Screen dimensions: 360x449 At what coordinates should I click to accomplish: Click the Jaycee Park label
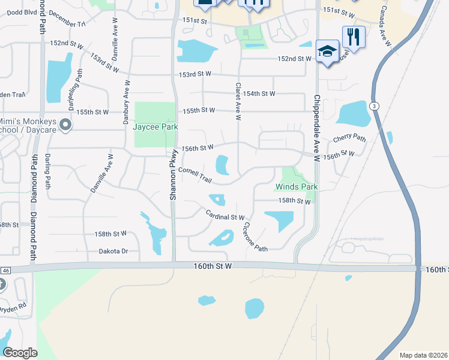pos(155,127)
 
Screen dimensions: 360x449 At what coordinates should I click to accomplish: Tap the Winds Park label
pos(297,187)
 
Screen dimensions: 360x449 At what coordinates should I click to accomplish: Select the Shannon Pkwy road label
pos(172,174)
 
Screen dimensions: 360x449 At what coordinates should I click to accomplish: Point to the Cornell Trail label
pos(195,172)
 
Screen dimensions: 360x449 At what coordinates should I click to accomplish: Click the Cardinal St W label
pos(225,215)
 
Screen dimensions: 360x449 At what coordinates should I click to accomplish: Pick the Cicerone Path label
pos(255,237)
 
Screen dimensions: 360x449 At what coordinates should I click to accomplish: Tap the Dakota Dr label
pos(114,251)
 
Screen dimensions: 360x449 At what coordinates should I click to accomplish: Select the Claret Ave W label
pos(238,101)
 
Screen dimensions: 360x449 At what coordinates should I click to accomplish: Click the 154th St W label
pos(259,94)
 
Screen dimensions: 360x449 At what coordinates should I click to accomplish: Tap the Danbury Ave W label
pos(126,103)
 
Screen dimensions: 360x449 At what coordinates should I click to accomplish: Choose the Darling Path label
pos(47,171)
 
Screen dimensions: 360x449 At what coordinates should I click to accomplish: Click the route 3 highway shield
pos(375,106)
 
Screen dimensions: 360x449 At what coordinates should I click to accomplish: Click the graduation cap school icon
pos(327,52)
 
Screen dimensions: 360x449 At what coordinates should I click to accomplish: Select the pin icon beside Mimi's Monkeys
pos(66,125)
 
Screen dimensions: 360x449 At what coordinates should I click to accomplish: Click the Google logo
pos(20,352)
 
